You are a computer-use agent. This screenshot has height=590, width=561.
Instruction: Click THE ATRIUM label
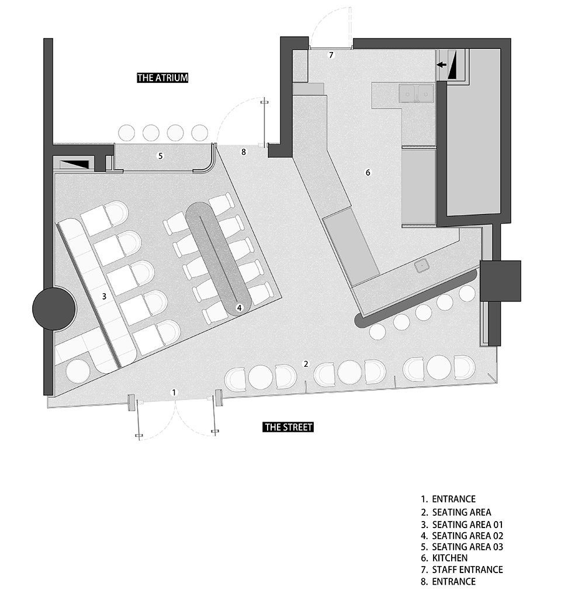pos(162,78)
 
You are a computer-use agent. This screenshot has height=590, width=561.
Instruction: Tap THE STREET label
pos(288,427)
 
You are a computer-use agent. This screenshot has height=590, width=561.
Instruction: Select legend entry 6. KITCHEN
pos(444,558)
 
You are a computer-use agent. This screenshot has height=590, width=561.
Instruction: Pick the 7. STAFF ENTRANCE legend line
pos(462,570)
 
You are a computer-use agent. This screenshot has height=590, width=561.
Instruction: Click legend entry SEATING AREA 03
pos(467,547)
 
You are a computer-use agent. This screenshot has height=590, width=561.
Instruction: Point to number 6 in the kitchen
pos(368,172)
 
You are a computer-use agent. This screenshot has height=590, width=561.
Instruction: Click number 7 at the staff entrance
pos(331,55)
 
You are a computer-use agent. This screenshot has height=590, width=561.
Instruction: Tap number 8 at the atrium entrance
pos(244,152)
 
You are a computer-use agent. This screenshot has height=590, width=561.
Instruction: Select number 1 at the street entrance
pos(174,393)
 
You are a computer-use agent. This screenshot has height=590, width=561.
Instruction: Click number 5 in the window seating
pos(160,156)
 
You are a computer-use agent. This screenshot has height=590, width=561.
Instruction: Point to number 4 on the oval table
pos(239,308)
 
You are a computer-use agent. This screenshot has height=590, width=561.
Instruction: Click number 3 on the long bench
pos(104,297)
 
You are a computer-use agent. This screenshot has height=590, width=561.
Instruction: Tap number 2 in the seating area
pos(306,364)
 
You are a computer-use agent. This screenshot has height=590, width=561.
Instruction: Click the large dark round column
pos(54,308)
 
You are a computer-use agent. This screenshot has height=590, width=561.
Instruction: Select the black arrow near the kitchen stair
pos(441,65)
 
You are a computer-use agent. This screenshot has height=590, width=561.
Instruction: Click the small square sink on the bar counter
pos(423,266)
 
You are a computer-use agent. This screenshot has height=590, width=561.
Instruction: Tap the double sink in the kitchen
pos(417,93)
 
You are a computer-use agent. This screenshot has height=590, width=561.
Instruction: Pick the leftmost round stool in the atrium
pos(126,133)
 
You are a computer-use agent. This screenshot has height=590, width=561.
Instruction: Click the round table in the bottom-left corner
pos(78,372)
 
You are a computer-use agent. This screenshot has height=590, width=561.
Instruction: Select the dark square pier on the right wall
pos(500,281)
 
